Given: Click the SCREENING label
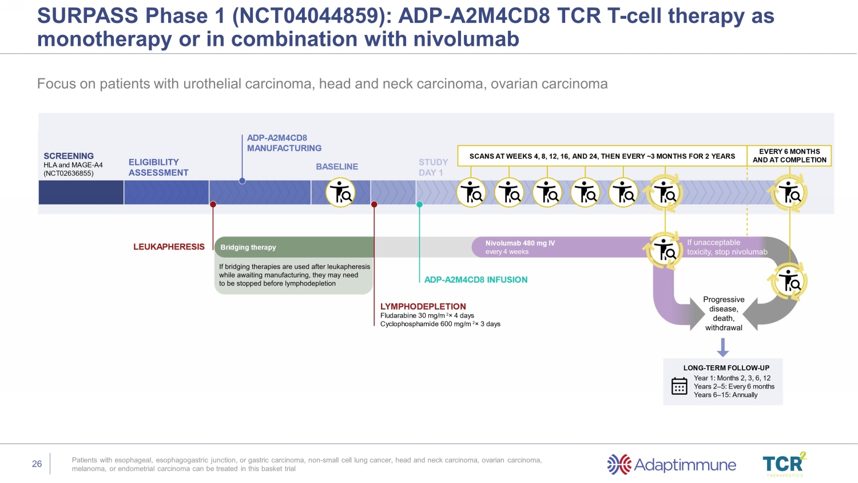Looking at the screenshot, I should (69, 156).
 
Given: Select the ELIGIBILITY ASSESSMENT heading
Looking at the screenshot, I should (158, 168).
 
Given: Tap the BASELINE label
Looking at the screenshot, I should (337, 167).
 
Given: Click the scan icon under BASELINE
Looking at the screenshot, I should (340, 192).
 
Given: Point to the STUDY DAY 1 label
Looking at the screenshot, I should (433, 167).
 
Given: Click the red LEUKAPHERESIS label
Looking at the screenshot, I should (169, 247).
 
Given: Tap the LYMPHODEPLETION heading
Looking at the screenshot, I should (423, 307).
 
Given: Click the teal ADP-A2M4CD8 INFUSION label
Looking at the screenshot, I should (476, 280).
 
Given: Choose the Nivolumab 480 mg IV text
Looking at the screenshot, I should (520, 243).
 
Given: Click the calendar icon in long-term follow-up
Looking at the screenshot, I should (679, 386).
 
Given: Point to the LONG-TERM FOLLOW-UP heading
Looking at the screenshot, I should (726, 368).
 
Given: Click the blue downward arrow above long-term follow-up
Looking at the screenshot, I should (723, 347).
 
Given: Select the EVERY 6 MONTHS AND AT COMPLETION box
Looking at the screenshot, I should (789, 156).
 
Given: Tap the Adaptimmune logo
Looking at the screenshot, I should (672, 465).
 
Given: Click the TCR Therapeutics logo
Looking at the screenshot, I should (784, 464).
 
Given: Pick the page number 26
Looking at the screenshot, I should (37, 464).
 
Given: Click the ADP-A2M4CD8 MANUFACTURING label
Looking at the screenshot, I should (284, 143).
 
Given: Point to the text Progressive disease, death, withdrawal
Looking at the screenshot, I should (724, 314).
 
